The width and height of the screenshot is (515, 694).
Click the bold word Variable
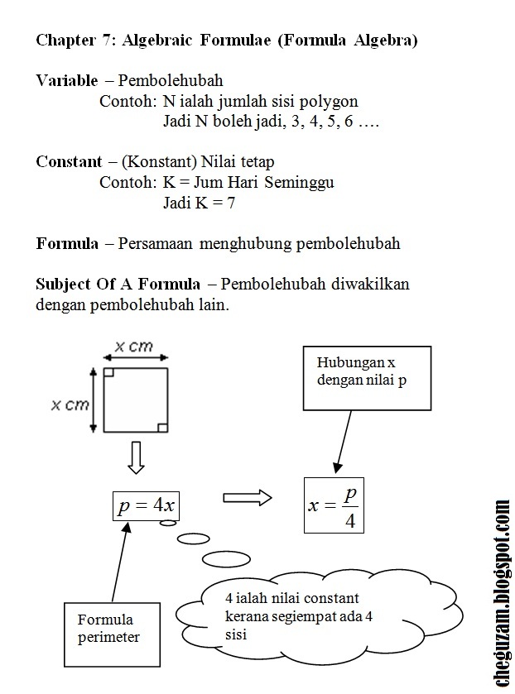tap(67, 81)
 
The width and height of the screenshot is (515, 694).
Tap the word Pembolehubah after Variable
tap(171, 81)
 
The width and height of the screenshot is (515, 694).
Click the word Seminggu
tap(301, 182)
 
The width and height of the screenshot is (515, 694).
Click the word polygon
tap(332, 102)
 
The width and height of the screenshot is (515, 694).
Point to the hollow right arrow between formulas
tap(247, 498)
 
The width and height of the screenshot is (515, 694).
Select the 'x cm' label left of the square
tap(70, 404)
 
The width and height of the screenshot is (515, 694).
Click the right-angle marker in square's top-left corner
tap(108, 375)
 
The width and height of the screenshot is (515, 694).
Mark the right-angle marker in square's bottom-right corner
tap(162, 428)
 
